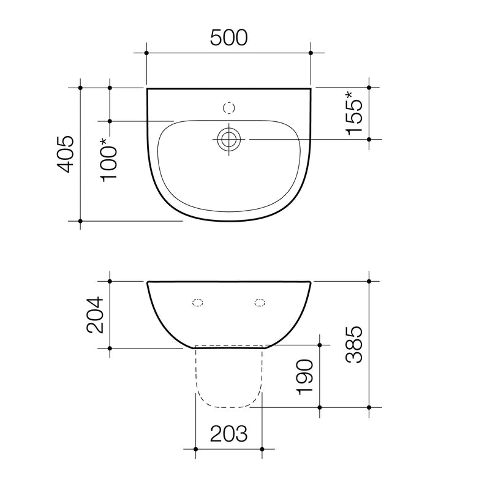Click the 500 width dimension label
[229, 38]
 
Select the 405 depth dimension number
[66, 154]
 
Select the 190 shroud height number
[304, 377]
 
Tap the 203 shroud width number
[229, 434]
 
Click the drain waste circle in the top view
[230, 140]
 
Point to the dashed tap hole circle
[230, 108]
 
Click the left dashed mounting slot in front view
[198, 302]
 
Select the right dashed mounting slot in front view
[260, 302]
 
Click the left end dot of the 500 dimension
[146, 53]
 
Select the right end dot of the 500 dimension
[311, 53]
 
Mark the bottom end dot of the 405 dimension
[80, 221]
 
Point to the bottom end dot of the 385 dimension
[369, 407]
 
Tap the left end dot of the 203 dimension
[195, 450]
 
